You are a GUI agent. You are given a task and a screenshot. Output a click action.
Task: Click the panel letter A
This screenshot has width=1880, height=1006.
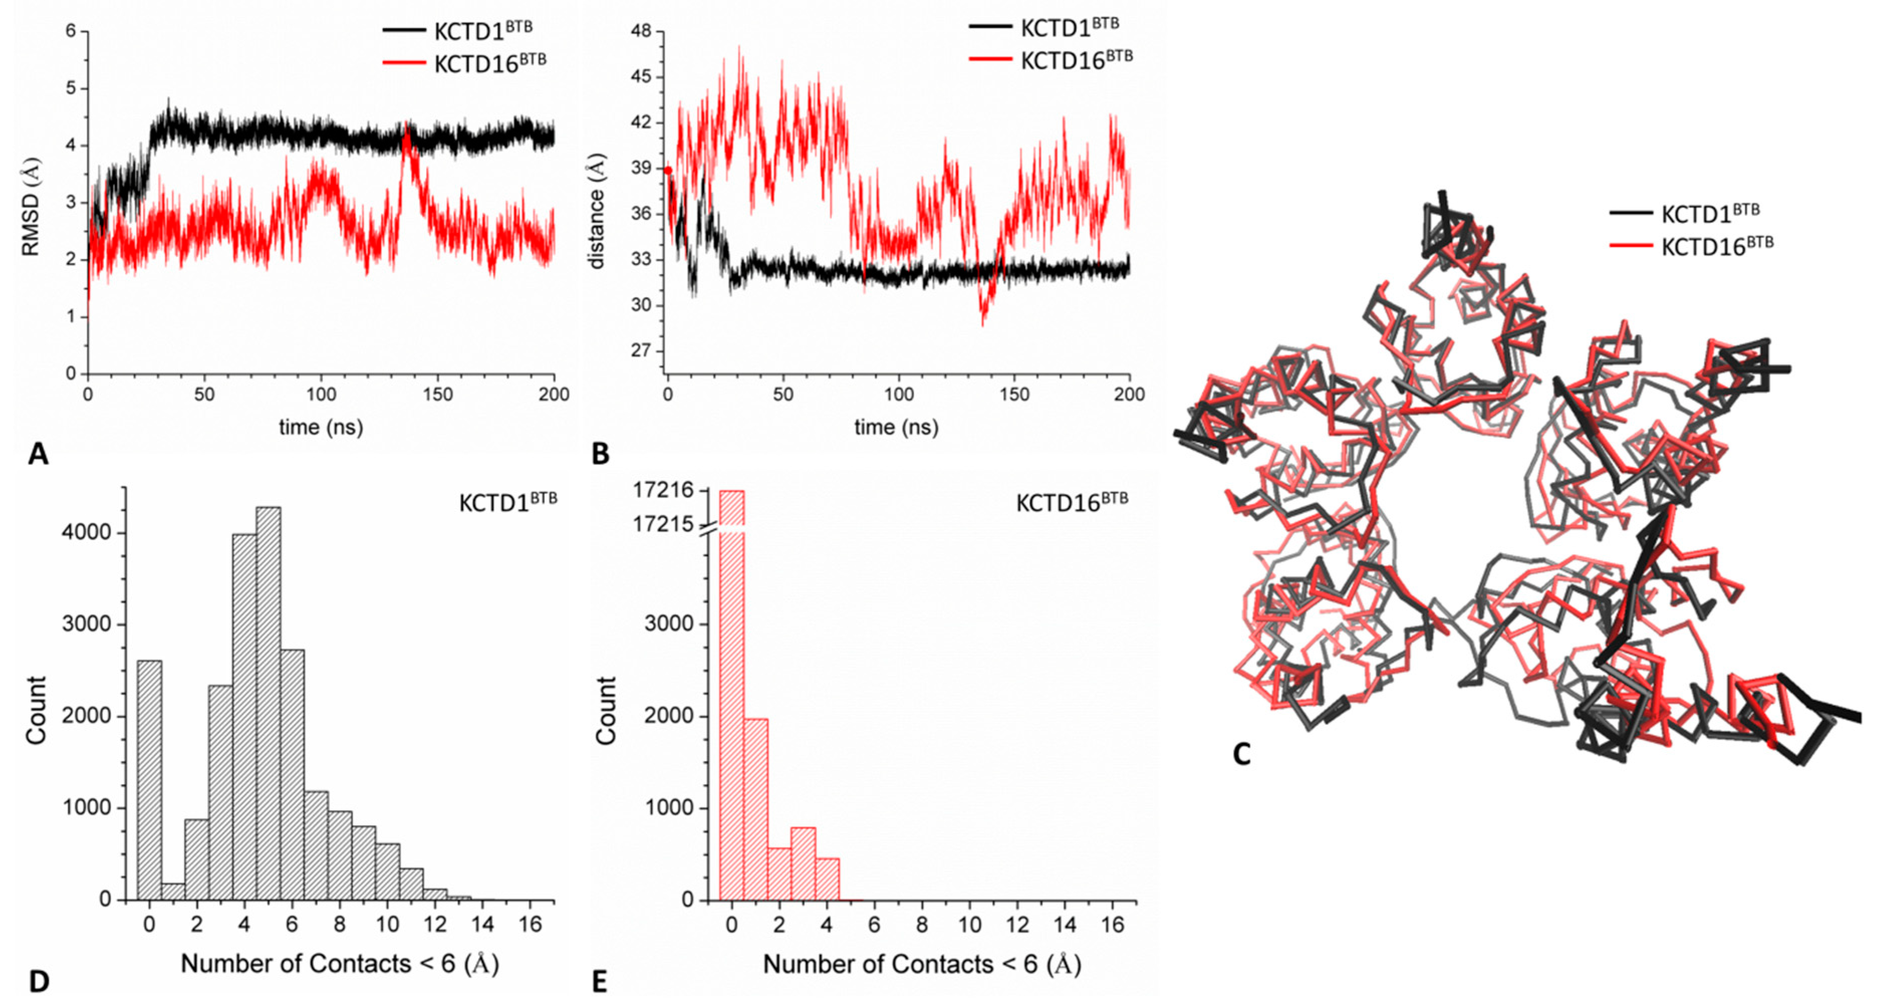38,455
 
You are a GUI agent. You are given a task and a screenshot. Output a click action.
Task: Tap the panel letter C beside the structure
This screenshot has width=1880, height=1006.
1242,753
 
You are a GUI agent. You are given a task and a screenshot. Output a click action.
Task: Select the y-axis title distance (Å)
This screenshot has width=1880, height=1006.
597,211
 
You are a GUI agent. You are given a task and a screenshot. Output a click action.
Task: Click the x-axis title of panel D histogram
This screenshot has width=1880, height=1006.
339,964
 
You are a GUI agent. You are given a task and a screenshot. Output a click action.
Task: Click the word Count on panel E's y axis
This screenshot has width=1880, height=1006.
605,710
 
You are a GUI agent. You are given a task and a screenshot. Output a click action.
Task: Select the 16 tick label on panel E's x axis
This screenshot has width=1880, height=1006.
1112,926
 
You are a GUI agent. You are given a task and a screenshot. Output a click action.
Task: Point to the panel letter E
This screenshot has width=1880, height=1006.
599,982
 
